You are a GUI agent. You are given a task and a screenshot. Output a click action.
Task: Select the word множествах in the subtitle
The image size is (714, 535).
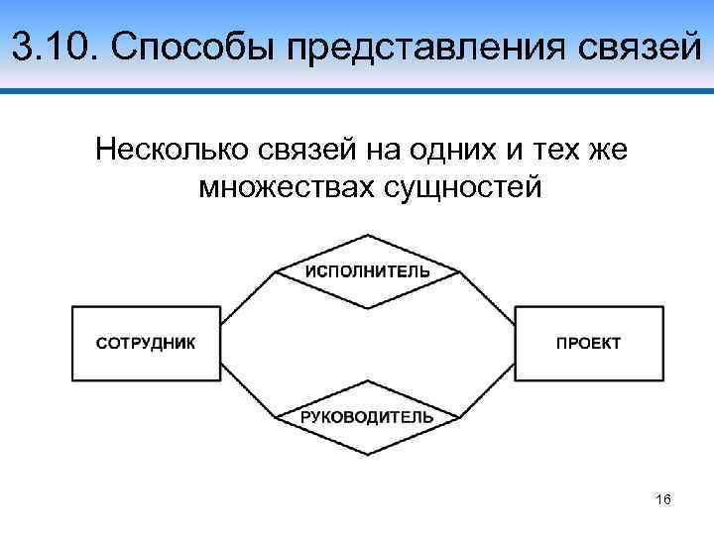pyautogui.click(x=284, y=185)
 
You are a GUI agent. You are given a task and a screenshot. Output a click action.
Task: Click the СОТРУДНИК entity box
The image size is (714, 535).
pyautogui.click(x=146, y=344)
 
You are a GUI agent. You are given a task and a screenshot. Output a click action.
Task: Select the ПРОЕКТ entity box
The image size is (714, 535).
pyautogui.click(x=588, y=344)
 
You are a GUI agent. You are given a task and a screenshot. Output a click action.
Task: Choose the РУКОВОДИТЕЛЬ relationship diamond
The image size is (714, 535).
pyautogui.click(x=367, y=417)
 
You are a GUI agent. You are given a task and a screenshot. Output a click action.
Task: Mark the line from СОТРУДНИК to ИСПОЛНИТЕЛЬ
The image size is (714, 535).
pyautogui.click(x=247, y=296)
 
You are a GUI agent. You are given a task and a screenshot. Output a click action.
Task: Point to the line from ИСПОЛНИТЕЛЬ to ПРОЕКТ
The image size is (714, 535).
pyautogui.click(x=487, y=296)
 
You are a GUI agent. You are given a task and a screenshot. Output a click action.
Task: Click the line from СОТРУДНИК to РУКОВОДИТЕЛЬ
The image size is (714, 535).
pyautogui.click(x=247, y=392)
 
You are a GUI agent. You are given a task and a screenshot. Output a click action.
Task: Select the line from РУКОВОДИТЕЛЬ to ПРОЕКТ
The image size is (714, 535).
pyautogui.click(x=487, y=392)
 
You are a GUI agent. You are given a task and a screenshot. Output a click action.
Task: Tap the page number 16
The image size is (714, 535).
pyautogui.click(x=663, y=500)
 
